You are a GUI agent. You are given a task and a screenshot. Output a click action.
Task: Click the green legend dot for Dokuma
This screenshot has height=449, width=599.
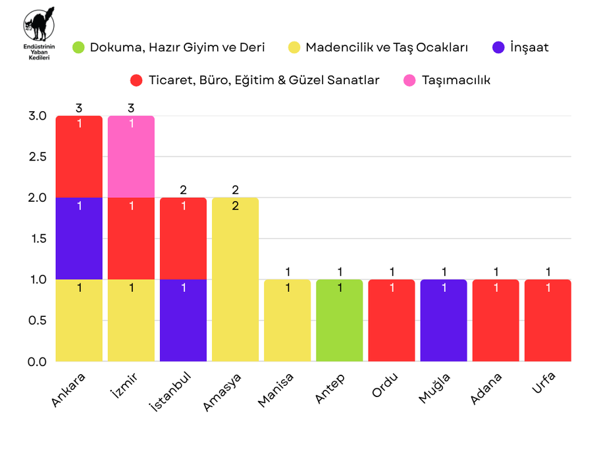(79, 47)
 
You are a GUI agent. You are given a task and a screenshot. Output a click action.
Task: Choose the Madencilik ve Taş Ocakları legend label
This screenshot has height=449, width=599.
(386, 47)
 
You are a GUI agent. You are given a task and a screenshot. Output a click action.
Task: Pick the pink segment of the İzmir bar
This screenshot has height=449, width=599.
(131, 156)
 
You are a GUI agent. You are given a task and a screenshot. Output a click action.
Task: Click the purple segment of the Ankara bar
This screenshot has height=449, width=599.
(79, 238)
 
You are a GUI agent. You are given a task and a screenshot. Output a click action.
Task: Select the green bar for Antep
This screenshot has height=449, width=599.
(339, 320)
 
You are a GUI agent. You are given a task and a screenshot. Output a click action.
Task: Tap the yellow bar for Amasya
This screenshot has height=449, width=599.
(235, 279)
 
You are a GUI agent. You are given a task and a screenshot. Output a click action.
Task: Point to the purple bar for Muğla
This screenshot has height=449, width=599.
(443, 320)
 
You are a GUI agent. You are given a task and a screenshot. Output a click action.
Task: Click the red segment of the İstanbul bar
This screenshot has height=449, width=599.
(183, 238)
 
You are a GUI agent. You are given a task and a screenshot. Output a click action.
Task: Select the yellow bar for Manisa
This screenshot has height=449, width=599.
(287, 320)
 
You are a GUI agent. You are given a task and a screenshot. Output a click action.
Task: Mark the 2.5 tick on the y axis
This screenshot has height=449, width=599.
(38, 156)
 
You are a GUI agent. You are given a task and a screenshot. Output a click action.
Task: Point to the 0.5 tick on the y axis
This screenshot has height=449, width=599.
(38, 320)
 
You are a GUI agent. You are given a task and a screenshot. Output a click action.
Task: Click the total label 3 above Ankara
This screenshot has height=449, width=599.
(79, 108)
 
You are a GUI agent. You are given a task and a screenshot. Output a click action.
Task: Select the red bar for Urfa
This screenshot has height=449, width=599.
(547, 320)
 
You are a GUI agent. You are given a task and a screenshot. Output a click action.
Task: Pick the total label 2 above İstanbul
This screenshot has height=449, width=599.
(183, 190)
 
